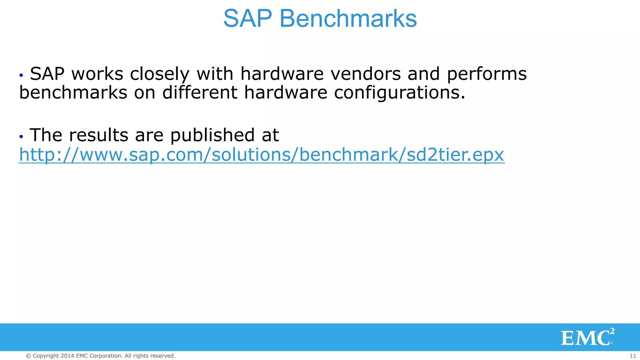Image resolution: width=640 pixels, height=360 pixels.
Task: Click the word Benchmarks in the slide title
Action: point(348,18)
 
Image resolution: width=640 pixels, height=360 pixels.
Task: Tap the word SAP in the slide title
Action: point(247,18)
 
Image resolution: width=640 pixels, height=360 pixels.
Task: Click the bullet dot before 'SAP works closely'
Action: point(21,75)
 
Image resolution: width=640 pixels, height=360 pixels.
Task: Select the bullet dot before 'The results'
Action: point(21,137)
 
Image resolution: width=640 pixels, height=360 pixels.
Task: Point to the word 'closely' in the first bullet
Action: point(160,74)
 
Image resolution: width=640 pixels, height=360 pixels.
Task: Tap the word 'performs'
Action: point(487,74)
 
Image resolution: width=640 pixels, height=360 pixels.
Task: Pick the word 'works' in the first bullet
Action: point(97,74)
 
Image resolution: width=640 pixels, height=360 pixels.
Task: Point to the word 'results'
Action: point(98,135)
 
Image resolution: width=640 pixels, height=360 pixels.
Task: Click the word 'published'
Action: point(212,135)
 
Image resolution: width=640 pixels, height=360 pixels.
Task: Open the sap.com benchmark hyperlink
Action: point(262,154)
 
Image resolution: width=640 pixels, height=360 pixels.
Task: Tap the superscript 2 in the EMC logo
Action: point(612,331)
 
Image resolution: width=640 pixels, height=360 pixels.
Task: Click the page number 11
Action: point(633,356)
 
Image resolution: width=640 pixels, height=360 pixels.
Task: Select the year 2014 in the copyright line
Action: point(67,356)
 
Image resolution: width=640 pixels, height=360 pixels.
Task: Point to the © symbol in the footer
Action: point(28,356)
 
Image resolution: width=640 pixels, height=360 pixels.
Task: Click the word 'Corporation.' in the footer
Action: point(106,356)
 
